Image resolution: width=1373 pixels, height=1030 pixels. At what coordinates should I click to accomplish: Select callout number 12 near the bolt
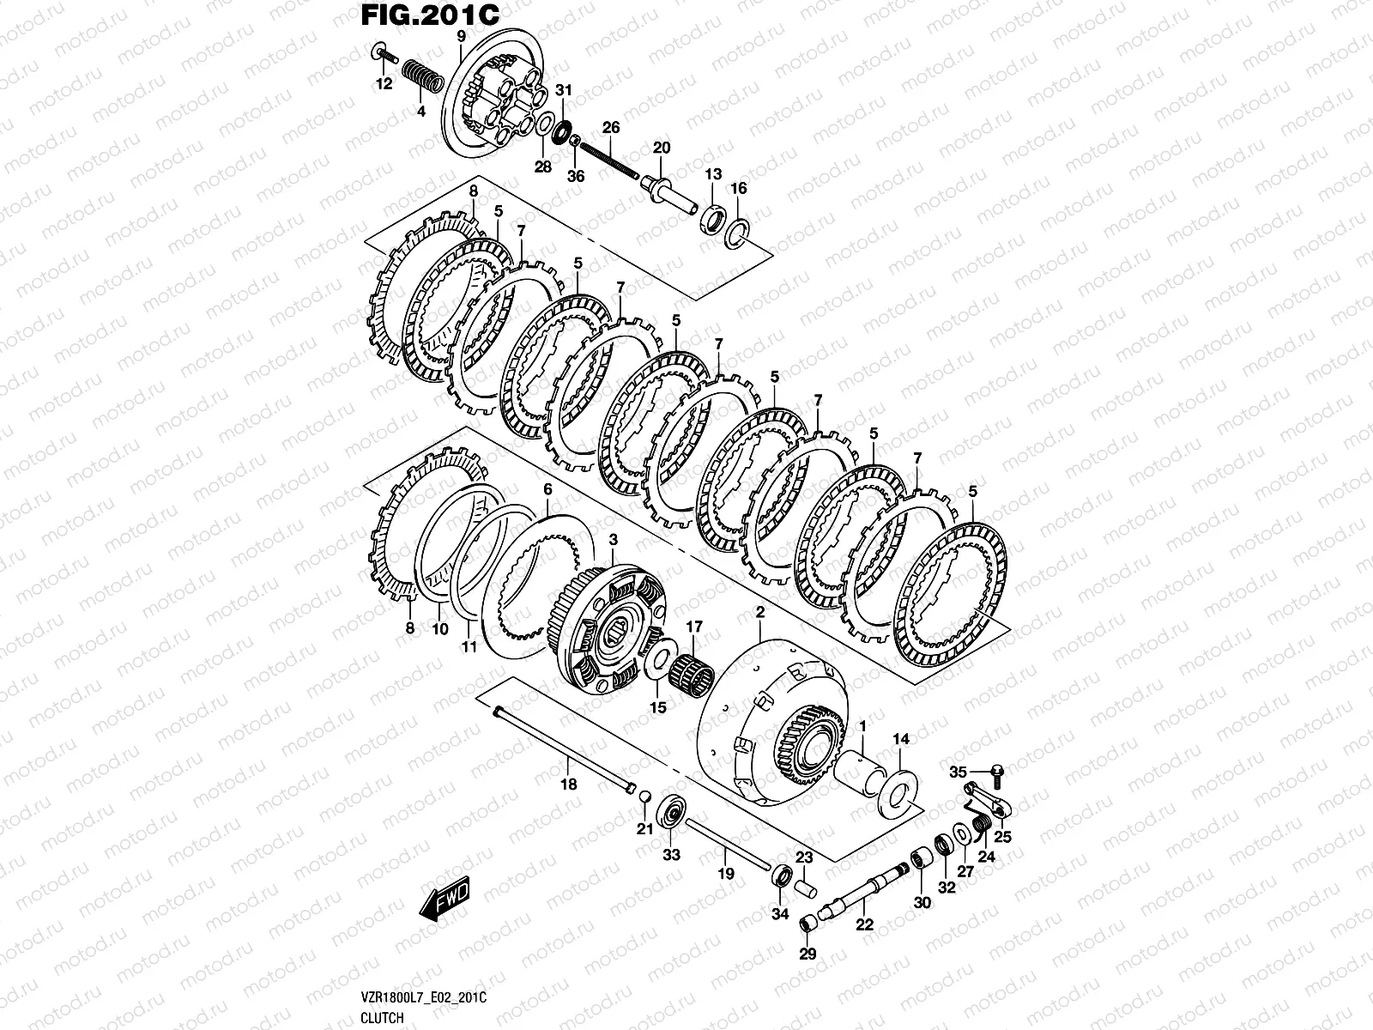point(384,83)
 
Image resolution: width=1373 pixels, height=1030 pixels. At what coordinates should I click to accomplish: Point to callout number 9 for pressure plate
point(461,36)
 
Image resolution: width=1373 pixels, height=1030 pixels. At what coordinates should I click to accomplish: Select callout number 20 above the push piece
point(662,148)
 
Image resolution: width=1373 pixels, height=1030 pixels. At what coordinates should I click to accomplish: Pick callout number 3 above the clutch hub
point(613,538)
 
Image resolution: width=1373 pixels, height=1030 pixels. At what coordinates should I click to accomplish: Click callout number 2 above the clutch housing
point(759,611)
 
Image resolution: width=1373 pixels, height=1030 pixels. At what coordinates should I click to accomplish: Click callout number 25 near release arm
point(1002,836)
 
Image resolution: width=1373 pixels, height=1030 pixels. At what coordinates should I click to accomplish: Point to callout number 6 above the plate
point(547,488)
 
